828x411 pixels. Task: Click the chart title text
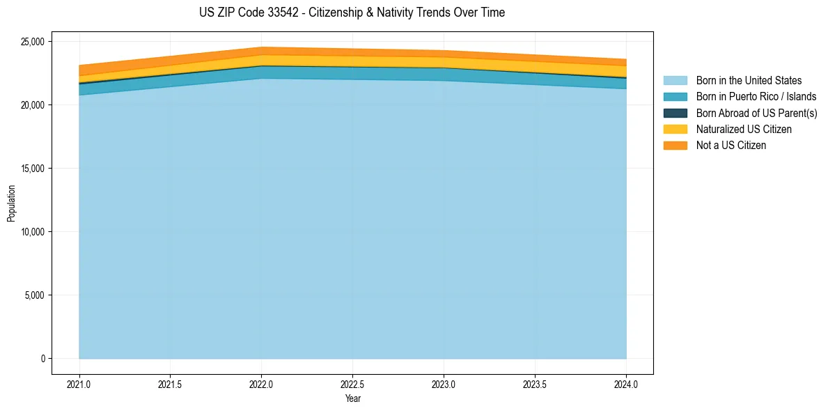click(x=352, y=13)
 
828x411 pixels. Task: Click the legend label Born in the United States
click(x=749, y=81)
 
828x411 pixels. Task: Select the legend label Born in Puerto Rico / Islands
click(x=756, y=97)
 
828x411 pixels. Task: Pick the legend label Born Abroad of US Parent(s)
click(x=756, y=113)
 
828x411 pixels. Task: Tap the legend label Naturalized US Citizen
click(x=744, y=130)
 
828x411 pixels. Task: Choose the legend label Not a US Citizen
click(x=731, y=146)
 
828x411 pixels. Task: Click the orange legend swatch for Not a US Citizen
click(x=675, y=146)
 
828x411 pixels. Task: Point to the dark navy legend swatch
click(x=675, y=113)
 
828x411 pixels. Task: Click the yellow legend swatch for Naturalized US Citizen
click(x=675, y=130)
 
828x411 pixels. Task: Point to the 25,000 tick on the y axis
click(x=32, y=42)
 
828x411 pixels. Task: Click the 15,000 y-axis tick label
click(x=32, y=169)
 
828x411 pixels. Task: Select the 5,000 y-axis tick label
click(x=34, y=295)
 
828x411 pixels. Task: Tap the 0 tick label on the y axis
click(x=42, y=359)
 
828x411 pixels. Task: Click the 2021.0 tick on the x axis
click(x=79, y=384)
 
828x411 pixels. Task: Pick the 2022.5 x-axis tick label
click(x=352, y=384)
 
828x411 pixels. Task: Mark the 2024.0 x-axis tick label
click(x=626, y=384)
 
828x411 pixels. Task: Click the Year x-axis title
click(x=352, y=398)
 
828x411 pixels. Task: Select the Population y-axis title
click(x=11, y=203)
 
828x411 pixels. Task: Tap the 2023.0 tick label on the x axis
click(x=444, y=384)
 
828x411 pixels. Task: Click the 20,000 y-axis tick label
click(x=32, y=105)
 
